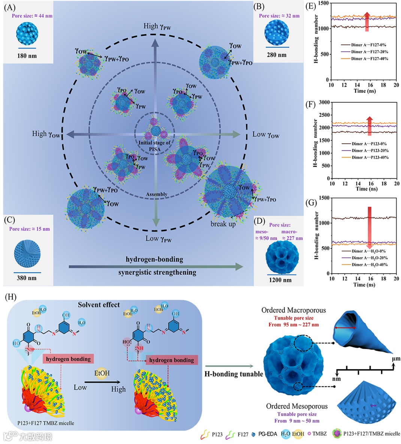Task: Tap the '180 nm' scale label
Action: click(27, 56)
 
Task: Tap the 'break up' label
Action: click(223, 224)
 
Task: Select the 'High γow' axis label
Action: click(46, 134)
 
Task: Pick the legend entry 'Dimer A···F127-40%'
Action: click(369, 59)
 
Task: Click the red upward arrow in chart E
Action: click(367, 22)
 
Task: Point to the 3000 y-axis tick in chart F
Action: click(324, 102)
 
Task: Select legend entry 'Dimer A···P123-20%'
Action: click(370, 151)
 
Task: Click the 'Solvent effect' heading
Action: click(99, 305)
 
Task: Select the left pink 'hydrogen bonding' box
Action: click(68, 359)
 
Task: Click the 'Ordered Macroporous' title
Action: click(293, 310)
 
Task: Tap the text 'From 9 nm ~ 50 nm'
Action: click(297, 421)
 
